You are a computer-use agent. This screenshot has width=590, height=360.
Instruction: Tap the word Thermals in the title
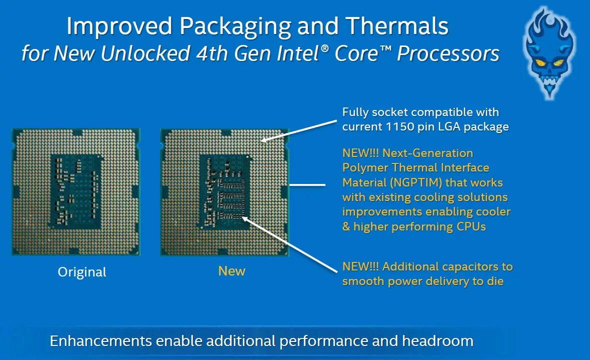pos(393,26)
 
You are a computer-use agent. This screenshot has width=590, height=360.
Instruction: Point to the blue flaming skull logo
pos(549,52)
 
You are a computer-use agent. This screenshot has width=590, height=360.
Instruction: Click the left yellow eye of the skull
pos(540,63)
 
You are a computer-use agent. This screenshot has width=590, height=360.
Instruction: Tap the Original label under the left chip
pos(82,272)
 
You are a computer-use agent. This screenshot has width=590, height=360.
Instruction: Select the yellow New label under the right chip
pos(231,271)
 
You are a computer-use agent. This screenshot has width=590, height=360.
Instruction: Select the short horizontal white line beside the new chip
pos(307,185)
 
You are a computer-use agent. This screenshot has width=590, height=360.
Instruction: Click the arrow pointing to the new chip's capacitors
pos(290,244)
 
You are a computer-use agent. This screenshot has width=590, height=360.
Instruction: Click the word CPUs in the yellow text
pos(471,226)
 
